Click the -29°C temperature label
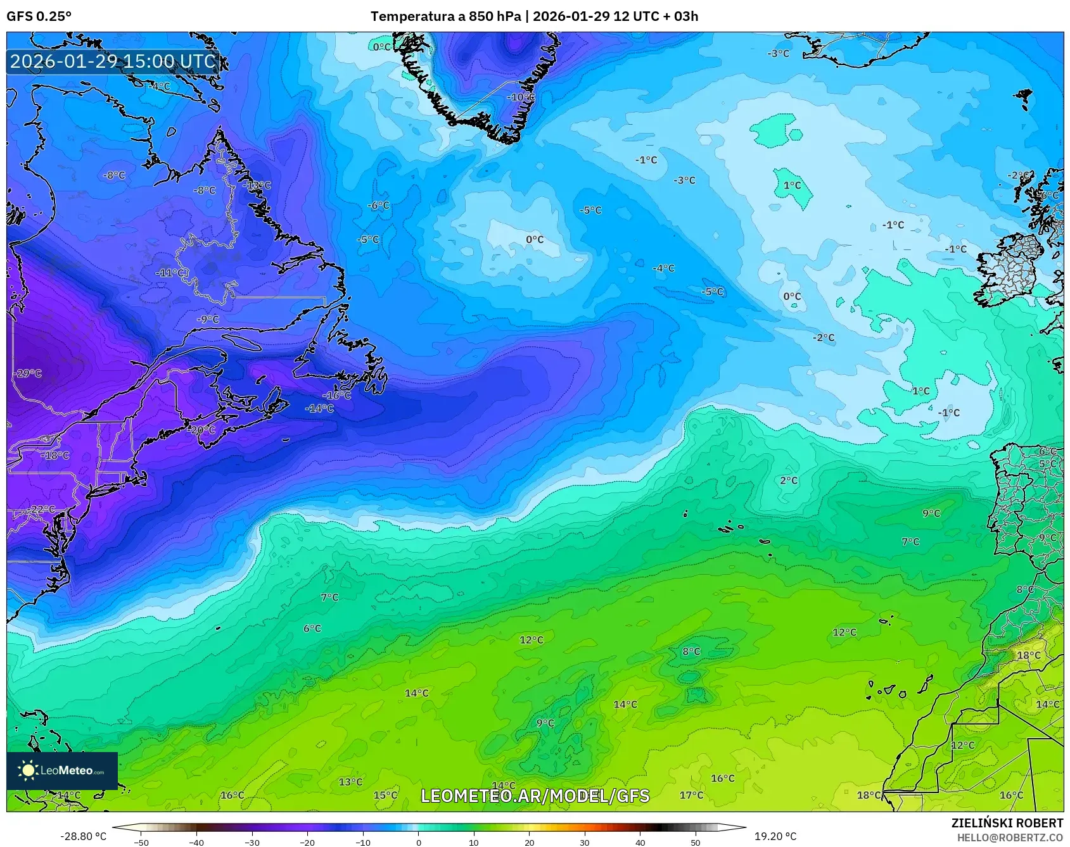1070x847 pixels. coord(27,373)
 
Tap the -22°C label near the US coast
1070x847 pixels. coord(42,510)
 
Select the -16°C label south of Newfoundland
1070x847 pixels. coord(337,395)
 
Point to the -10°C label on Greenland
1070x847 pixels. coord(521,97)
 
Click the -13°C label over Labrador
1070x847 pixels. coord(257,185)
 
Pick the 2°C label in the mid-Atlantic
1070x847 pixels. coord(789,480)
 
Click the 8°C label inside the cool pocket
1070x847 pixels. coord(691,651)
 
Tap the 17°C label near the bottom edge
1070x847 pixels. coord(691,795)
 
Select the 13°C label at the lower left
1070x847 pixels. coord(350,782)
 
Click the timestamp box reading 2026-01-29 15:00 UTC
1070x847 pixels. coord(113,61)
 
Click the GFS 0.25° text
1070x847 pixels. coord(39,16)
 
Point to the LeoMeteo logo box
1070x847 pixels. coord(62,770)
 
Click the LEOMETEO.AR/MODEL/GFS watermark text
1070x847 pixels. coord(535,796)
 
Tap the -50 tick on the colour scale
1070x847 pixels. coord(141,843)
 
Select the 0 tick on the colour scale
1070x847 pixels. coord(418,843)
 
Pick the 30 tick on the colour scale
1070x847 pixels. coord(584,843)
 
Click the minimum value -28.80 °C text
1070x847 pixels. coord(83,836)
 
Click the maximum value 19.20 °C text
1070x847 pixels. coord(775,836)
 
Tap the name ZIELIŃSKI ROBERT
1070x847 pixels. coord(1007,823)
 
